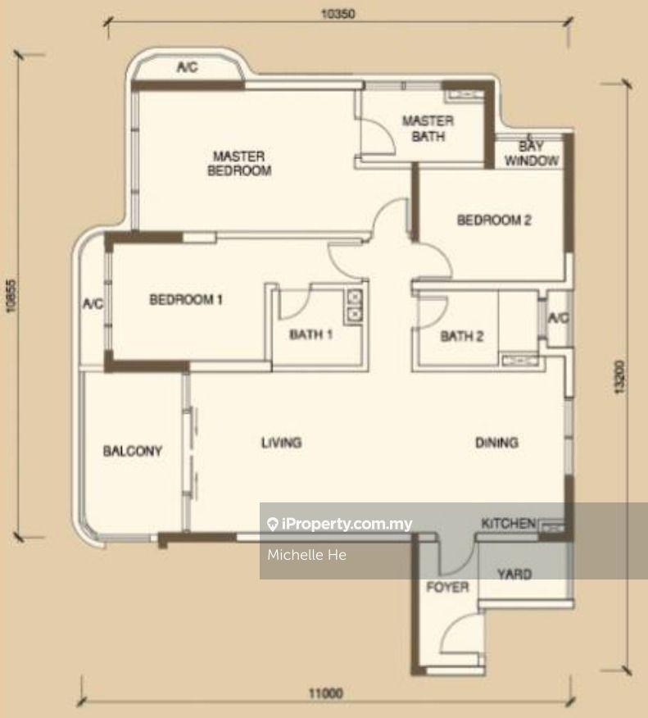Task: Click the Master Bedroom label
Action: (x=239, y=163)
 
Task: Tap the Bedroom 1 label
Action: (x=186, y=299)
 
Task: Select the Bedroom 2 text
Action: (x=494, y=220)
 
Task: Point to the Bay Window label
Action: (x=532, y=153)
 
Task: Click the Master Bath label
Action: (x=428, y=128)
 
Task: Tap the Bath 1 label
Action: (x=310, y=334)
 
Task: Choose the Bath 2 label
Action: (x=462, y=336)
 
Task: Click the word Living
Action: (x=282, y=443)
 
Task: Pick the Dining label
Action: (x=497, y=443)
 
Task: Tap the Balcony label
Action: (x=133, y=451)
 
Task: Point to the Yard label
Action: (x=514, y=574)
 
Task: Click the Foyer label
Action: (x=447, y=587)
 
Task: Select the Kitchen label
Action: (x=509, y=523)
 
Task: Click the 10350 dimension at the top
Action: (x=338, y=14)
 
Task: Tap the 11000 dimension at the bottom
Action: (x=326, y=693)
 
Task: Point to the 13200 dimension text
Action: (x=619, y=377)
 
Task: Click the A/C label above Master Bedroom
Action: (x=187, y=67)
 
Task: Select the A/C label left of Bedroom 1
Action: (x=93, y=303)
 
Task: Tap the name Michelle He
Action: (x=306, y=555)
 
